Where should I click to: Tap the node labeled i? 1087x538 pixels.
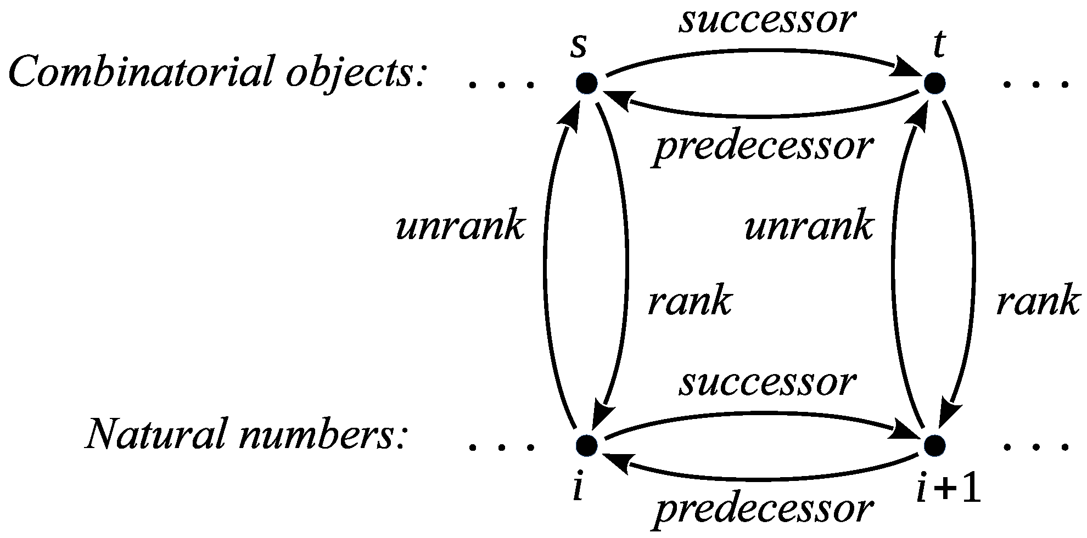[587, 445]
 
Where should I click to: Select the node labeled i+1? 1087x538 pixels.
[934, 445]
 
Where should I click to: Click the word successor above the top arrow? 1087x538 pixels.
[767, 21]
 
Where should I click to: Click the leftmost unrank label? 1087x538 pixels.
[460, 226]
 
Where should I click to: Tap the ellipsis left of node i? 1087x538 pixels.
[501, 446]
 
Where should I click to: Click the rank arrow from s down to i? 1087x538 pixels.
[625, 263]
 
